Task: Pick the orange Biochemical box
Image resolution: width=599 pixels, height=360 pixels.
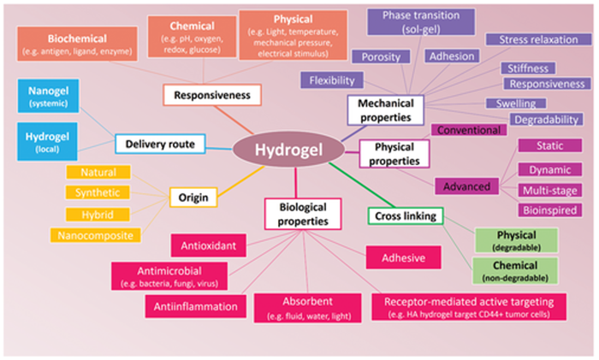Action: click(78, 44)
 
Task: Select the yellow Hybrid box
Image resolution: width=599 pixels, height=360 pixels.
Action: click(92, 213)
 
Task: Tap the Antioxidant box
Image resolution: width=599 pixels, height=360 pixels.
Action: click(208, 246)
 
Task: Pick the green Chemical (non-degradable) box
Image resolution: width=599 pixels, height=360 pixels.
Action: click(515, 271)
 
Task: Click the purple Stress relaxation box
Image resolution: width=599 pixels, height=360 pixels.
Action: click(534, 39)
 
